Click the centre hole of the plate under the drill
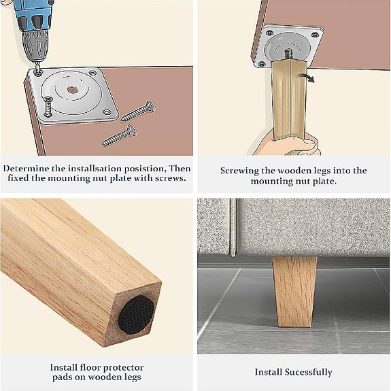[x=71, y=90]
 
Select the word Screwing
[x=241, y=170]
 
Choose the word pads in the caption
[x=61, y=378]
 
